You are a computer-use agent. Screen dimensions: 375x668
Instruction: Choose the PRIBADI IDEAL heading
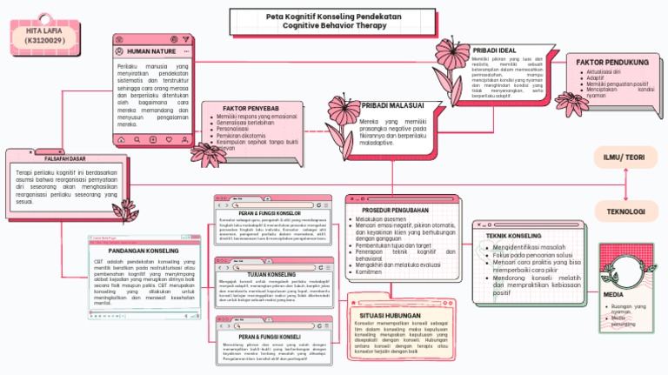coord(494,50)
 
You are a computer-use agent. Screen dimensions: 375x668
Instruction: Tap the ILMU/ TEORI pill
coord(625,157)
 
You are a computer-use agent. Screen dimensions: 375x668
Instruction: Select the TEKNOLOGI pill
coord(625,211)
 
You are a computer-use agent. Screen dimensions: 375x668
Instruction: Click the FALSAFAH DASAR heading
coord(64,159)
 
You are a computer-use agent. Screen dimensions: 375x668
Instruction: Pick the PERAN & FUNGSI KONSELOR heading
coord(269,213)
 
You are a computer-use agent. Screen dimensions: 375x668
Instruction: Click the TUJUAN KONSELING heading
coord(272,274)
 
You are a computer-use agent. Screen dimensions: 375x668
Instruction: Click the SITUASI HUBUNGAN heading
coord(390,314)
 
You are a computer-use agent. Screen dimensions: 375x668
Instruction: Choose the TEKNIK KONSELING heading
coord(513,236)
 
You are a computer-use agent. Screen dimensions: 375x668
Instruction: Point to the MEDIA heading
coord(614,295)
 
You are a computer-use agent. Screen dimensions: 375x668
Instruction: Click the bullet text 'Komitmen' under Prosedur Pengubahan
coord(369,271)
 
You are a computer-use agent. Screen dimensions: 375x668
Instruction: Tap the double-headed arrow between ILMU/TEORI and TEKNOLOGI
coord(625,184)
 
